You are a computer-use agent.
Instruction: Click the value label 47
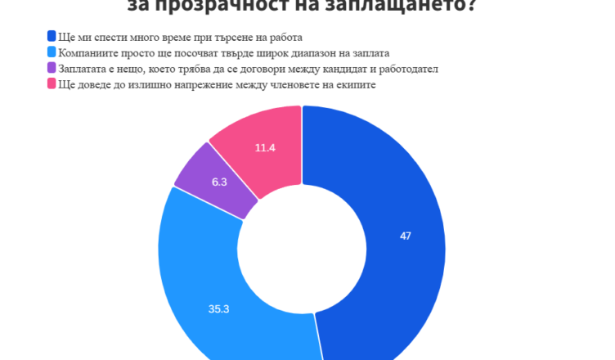(x=406, y=236)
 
